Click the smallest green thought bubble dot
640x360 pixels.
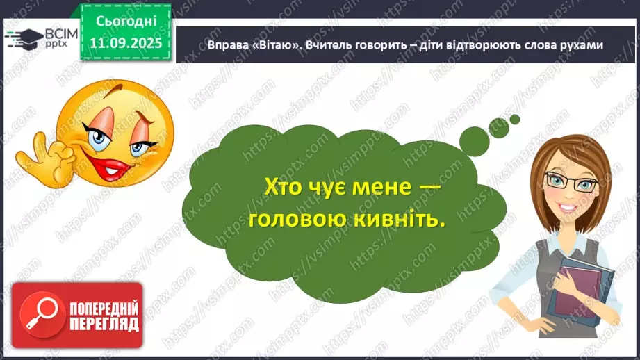(x=515, y=119)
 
